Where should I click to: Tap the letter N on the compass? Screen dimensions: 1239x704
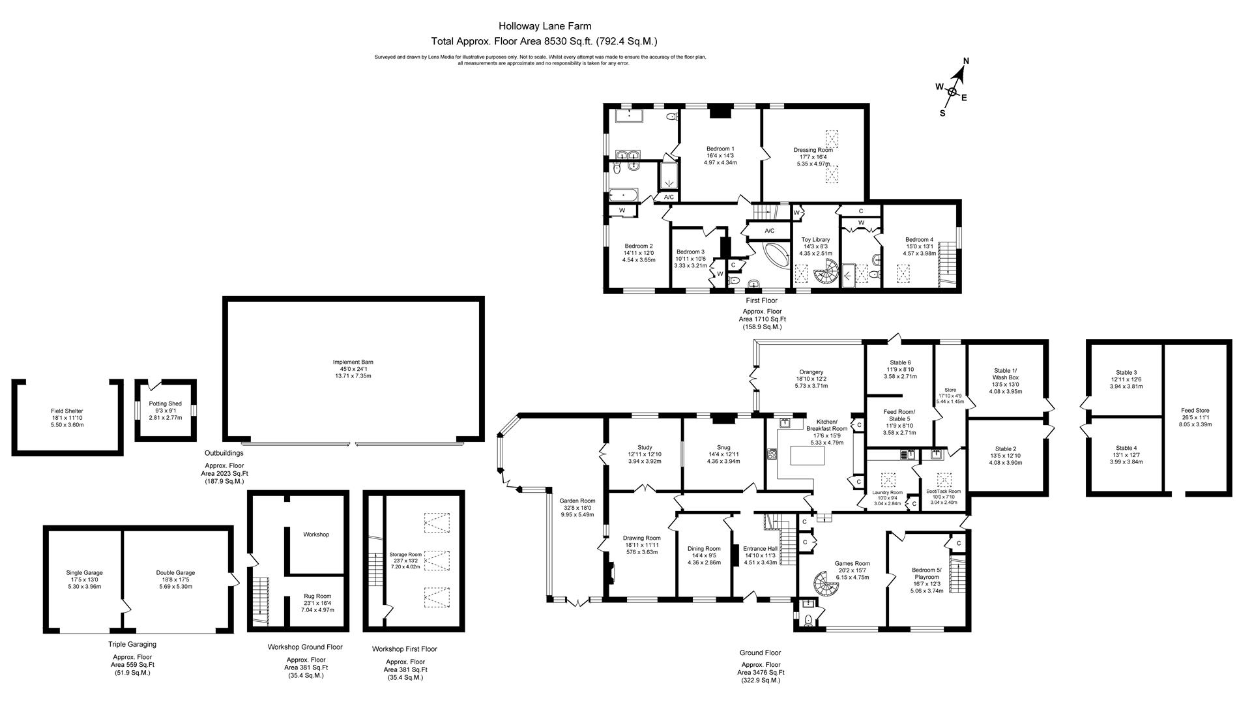pyautogui.click(x=966, y=61)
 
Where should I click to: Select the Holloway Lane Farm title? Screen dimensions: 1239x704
pyautogui.click(x=545, y=26)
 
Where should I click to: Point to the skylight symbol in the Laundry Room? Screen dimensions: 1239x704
pyautogui.click(x=888, y=480)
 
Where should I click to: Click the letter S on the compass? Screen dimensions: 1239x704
pyautogui.click(x=942, y=112)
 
